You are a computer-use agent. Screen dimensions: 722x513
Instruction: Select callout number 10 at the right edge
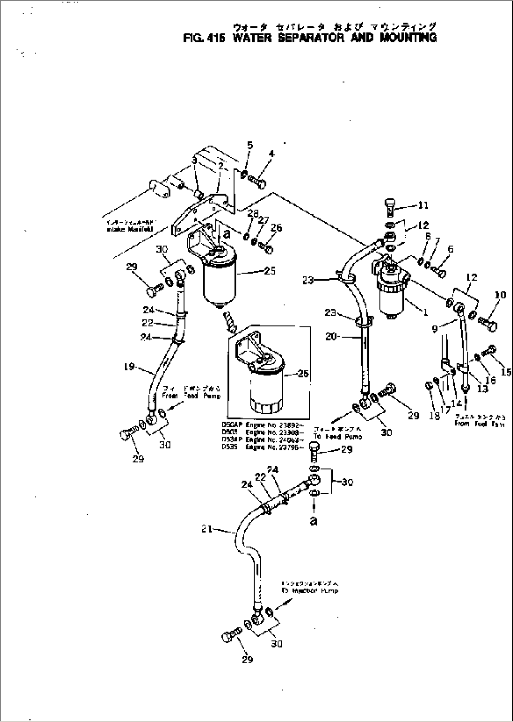click(x=500, y=295)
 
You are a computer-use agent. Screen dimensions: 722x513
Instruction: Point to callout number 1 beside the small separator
click(x=425, y=312)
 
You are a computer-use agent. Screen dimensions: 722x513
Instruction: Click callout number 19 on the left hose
click(x=129, y=367)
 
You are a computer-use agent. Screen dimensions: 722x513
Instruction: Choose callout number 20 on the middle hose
click(x=331, y=337)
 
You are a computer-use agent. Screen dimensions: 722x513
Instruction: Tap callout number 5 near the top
click(x=250, y=145)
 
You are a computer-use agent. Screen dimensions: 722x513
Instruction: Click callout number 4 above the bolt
click(x=272, y=154)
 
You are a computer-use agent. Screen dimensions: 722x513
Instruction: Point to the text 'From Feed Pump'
click(x=191, y=396)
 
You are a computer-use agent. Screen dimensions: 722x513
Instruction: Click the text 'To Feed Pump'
click(x=338, y=437)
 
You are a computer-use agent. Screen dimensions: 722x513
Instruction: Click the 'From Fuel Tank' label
click(x=479, y=424)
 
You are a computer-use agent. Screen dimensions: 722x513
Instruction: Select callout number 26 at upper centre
click(x=276, y=228)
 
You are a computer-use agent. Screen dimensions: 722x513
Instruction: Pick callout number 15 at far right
click(x=506, y=372)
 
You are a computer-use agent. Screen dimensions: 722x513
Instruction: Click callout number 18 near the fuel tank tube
click(x=435, y=416)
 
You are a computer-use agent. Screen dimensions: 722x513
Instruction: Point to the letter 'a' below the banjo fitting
click(x=313, y=521)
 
